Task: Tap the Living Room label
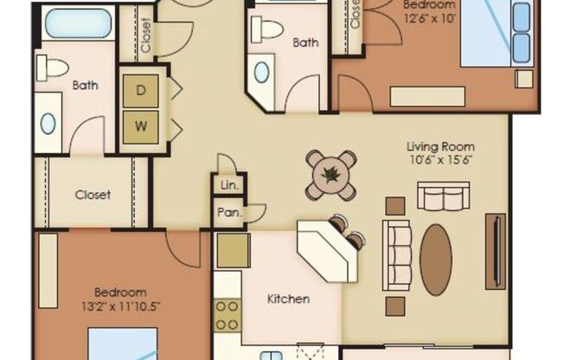coord(440,146)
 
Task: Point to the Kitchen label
coord(288,299)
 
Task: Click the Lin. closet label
coord(228,185)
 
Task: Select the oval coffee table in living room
coord(435,260)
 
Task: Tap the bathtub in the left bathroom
coord(78,23)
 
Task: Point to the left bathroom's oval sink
coord(48,124)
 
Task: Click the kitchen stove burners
coord(228,317)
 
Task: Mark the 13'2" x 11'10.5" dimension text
coord(120,306)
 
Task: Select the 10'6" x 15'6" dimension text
coord(440,160)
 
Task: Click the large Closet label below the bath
coord(93,195)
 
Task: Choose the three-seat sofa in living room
coord(397,254)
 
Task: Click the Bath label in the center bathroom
coord(305,42)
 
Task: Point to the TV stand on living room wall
coord(496,250)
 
